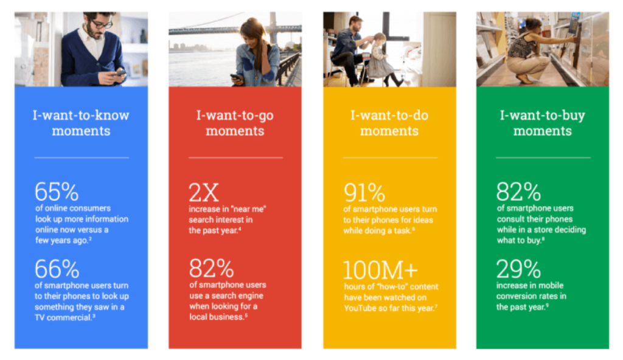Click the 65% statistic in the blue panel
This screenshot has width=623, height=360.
pos(57,192)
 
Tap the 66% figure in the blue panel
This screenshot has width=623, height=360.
pos(57,268)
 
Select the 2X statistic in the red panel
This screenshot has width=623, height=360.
pos(204,192)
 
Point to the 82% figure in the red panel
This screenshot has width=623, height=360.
pos(211,268)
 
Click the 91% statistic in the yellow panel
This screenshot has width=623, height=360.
pos(364,192)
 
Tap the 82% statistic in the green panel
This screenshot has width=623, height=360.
pos(518,192)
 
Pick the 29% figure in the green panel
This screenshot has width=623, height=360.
pos(518,268)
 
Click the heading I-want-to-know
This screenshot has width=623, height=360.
pos(81,116)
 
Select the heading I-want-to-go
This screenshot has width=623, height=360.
pos(235,116)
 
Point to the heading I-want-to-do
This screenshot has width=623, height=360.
pos(389,116)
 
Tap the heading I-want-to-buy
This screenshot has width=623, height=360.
pos(543,116)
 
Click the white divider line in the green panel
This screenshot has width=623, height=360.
pos(543,157)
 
